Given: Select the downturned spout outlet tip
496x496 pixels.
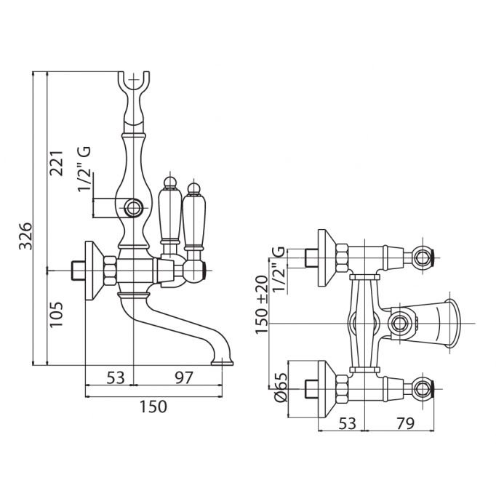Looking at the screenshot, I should (221, 359).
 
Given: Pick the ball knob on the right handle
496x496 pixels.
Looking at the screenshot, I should (193, 190).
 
